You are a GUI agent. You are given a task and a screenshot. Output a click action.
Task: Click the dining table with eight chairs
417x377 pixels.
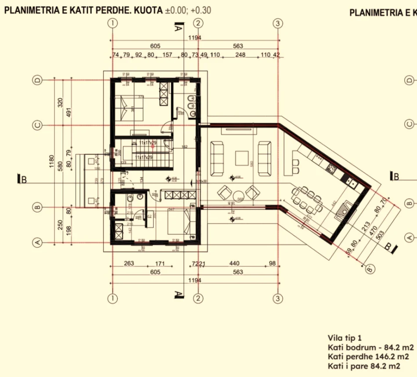pos(307,197)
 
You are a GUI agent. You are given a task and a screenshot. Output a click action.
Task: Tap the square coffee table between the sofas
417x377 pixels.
pos(242,158)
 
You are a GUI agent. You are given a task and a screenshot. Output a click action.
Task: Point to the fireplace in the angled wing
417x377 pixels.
pos(344,211)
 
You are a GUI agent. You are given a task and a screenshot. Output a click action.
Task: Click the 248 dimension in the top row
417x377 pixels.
pos(240,55)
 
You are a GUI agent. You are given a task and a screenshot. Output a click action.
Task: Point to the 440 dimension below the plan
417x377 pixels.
pos(234,263)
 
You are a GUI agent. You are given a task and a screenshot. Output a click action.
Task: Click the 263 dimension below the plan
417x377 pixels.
pos(129,263)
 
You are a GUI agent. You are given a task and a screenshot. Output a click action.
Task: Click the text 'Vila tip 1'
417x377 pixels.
pos(345,338)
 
